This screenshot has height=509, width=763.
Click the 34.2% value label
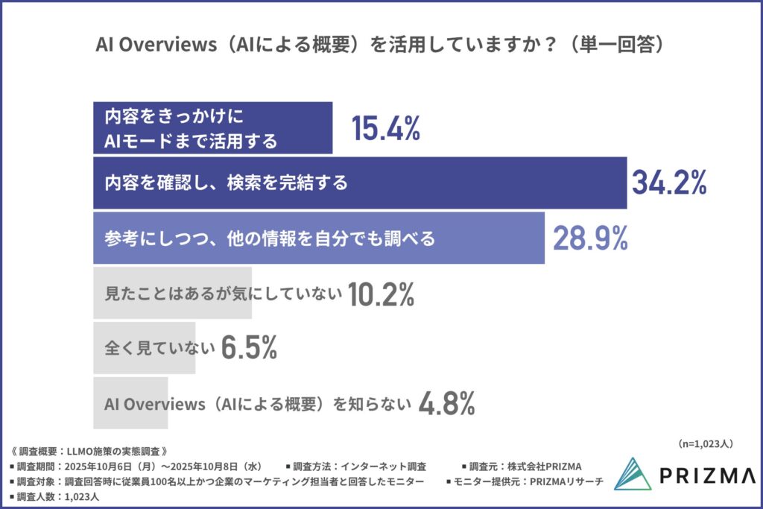[668, 183]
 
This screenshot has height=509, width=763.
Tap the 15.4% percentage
[385, 129]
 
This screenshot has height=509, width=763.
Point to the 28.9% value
[590, 238]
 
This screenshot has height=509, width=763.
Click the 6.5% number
[249, 347]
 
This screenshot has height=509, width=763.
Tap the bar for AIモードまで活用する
[212, 128]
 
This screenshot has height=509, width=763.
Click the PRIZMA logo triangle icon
[633, 474]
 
